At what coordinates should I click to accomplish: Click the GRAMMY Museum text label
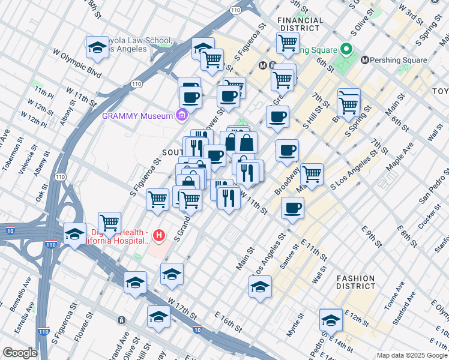point(137,116)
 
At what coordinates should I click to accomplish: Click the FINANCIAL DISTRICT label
point(300,25)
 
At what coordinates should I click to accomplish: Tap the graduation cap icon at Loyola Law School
point(97,47)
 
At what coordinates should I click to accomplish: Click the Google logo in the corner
point(20,353)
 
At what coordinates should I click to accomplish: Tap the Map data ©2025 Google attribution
point(412,355)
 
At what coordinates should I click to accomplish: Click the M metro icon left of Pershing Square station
point(365,60)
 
